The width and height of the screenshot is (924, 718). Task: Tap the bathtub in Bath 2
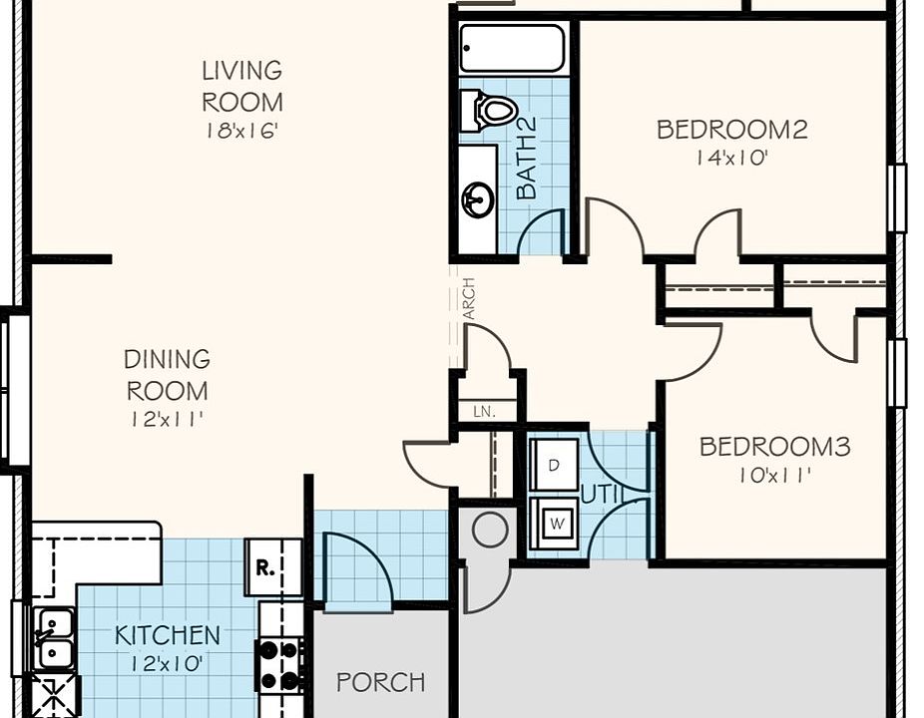[x=512, y=48]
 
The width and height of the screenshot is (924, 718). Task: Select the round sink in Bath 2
[x=478, y=199]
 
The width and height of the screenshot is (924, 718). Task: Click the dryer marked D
[x=554, y=465]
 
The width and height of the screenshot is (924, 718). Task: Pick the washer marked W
[x=555, y=523]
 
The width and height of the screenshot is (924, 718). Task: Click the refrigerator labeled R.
[x=264, y=567]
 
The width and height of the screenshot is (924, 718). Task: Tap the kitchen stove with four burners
[x=279, y=665]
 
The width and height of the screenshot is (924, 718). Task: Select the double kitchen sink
[x=53, y=638]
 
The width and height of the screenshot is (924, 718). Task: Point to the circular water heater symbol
[x=490, y=530]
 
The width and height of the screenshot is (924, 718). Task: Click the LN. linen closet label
[x=484, y=412]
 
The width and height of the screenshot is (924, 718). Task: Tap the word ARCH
[x=469, y=298]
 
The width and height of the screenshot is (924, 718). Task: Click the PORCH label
[x=381, y=682]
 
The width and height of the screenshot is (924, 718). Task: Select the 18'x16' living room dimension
[x=241, y=131]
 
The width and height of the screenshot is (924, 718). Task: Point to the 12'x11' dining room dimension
[x=168, y=420]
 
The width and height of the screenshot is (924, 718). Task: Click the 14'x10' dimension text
[x=731, y=158]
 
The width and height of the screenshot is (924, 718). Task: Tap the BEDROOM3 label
[x=775, y=447]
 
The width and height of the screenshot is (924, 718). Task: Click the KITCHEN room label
[x=168, y=635]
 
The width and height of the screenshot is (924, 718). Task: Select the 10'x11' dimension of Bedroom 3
[x=775, y=476]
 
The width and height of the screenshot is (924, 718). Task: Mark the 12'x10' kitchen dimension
[x=168, y=664]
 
